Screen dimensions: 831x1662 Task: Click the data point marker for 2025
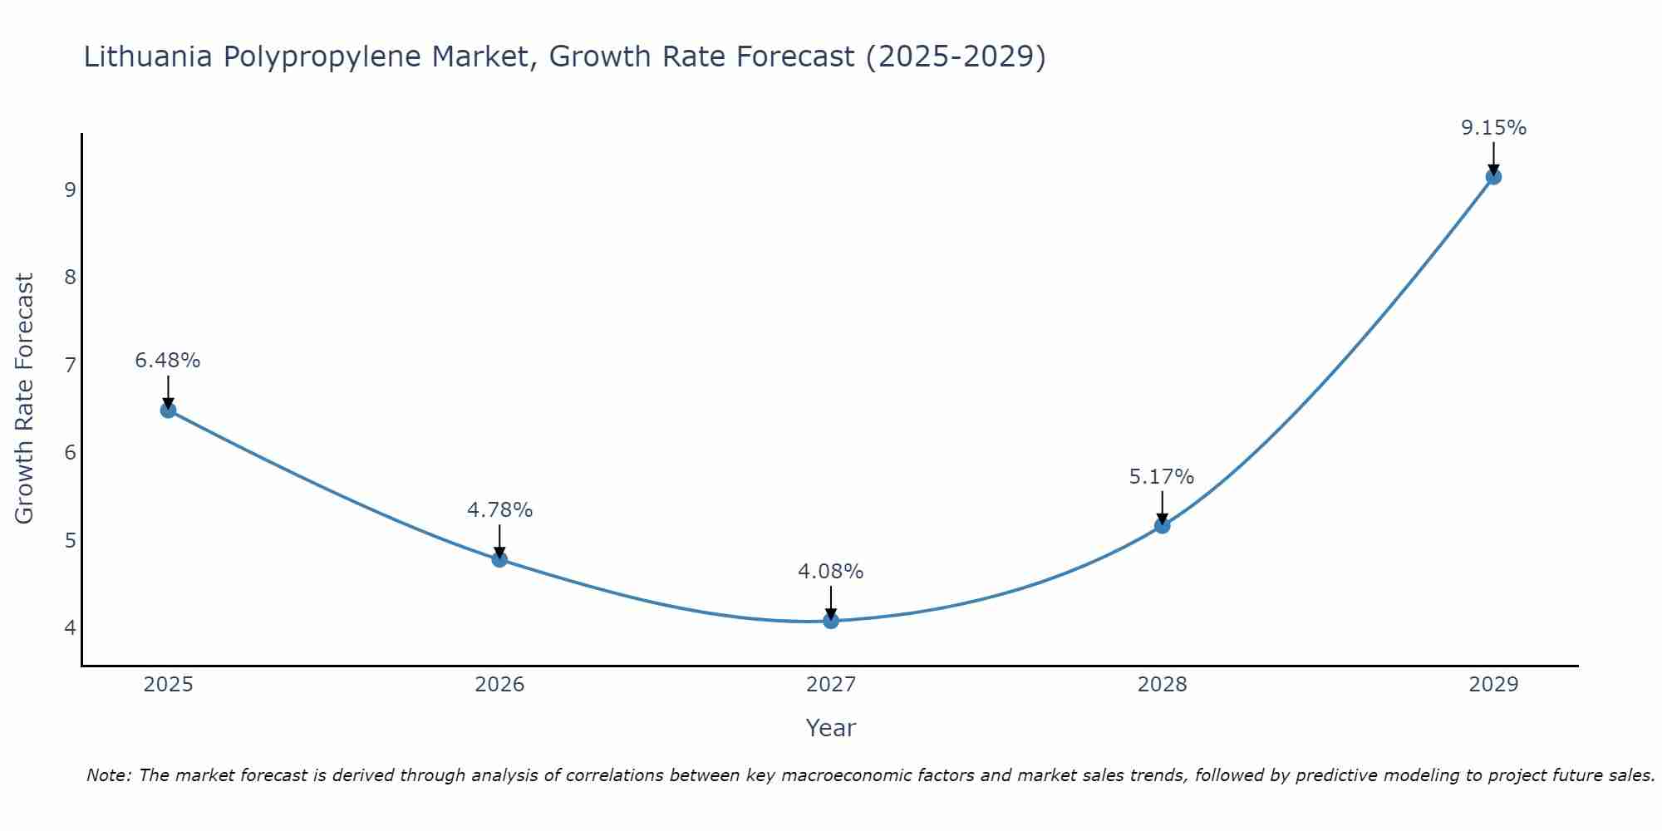(x=168, y=410)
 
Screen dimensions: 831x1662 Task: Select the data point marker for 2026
(x=499, y=559)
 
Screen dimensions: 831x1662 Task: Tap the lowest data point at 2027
(x=831, y=621)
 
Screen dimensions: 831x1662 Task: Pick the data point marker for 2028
(x=1162, y=525)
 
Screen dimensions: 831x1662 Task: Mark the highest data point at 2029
(x=1493, y=176)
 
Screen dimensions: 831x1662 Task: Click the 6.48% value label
(x=168, y=361)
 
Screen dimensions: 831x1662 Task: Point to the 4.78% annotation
(x=499, y=510)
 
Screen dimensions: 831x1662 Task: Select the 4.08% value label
(x=831, y=572)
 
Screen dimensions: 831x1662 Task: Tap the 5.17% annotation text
(x=1162, y=477)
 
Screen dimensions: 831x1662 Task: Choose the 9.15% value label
(x=1493, y=128)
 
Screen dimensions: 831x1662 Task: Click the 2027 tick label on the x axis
(x=831, y=685)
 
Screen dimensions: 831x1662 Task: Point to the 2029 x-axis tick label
(x=1493, y=685)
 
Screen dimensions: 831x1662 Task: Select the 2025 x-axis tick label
(x=168, y=685)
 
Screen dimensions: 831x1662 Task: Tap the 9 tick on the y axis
(x=70, y=189)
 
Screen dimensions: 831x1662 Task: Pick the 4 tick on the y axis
(x=70, y=627)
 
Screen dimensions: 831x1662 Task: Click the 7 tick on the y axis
(x=70, y=365)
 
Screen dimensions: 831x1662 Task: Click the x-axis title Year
(x=831, y=728)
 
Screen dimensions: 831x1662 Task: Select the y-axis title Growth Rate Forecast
(x=25, y=399)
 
